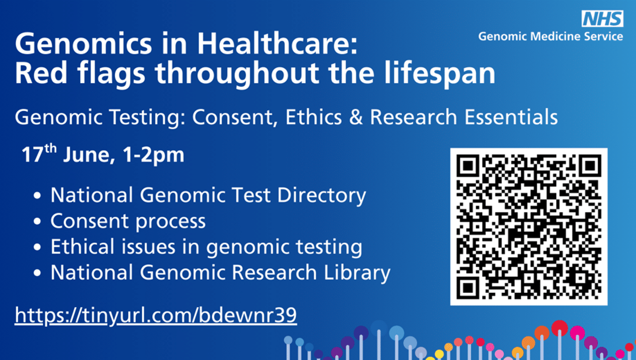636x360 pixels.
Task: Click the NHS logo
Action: coord(602,19)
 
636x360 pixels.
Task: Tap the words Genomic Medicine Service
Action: coord(550,37)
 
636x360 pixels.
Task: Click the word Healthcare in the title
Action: coord(277,44)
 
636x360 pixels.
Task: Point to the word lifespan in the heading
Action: coord(440,73)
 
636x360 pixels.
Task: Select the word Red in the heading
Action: coord(41,73)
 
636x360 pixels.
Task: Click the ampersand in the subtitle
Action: coord(356,117)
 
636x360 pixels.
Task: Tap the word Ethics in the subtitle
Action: coord(313,117)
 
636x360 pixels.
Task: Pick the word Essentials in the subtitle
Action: coord(511,117)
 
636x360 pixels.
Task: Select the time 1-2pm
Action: coord(153,155)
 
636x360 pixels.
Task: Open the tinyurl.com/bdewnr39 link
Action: coord(156,315)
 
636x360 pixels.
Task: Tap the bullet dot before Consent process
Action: coord(37,221)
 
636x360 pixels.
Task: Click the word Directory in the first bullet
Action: coord(322,196)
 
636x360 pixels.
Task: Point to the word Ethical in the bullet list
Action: coord(83,246)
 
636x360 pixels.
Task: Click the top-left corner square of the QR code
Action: coord(468,165)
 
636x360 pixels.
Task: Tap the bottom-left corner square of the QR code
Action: coord(468,288)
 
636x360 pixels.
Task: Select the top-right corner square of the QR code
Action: coord(590,165)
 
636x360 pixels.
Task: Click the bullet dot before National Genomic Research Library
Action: coord(37,273)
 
